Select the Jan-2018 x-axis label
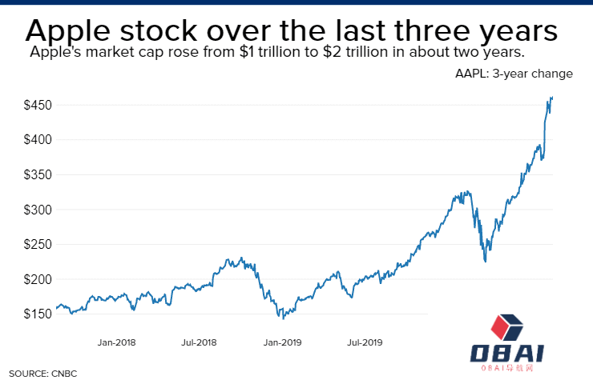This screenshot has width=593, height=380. pos(117,343)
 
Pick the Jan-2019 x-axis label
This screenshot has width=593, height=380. pos(282,343)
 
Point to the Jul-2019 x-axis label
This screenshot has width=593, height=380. pos(365,343)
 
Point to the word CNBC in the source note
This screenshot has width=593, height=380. pos(61,374)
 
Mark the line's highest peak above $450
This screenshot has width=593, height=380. pos(551,97)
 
